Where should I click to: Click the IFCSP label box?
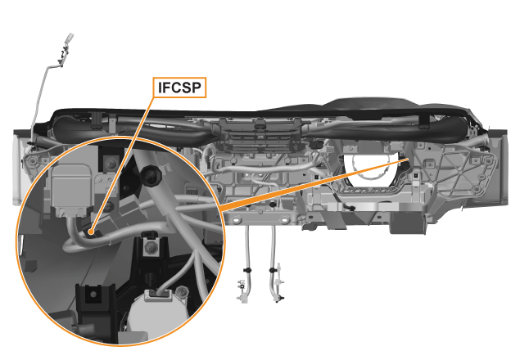tap(179, 88)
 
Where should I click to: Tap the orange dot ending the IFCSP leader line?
tap(91, 231)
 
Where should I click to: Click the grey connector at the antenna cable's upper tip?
tap(70, 38)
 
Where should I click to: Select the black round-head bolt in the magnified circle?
tap(151, 175)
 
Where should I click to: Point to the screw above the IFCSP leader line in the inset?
tap(111, 163)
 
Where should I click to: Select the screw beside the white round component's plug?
tap(182, 292)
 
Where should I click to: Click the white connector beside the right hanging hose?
tap(280, 281)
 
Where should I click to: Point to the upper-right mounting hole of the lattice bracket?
tap(487, 161)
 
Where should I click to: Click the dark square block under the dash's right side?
tap(407, 223)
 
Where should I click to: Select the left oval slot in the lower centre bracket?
tap(236, 220)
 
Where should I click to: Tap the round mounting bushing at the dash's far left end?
tap(32, 161)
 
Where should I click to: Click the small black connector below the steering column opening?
tap(350, 208)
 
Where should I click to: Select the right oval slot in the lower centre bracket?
tap(284, 220)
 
